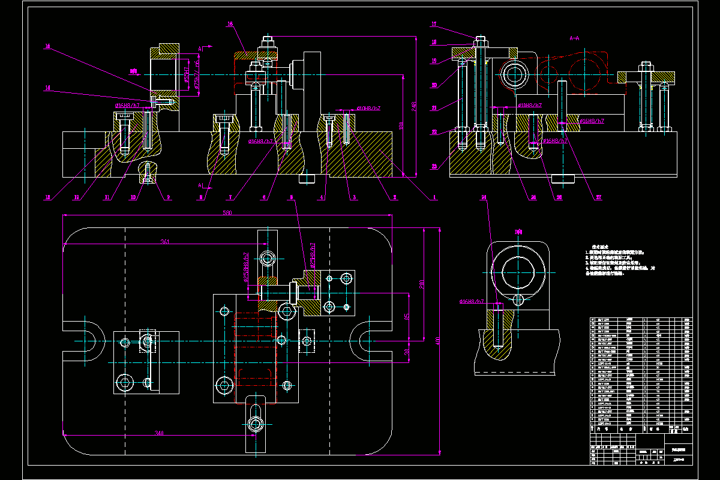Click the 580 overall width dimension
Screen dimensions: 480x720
click(x=227, y=213)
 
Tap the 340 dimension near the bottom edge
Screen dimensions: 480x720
click(x=159, y=433)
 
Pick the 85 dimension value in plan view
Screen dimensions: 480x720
click(x=406, y=317)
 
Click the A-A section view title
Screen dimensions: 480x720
click(x=574, y=38)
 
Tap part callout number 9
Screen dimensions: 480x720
click(x=169, y=197)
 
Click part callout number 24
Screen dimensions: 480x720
click(x=484, y=197)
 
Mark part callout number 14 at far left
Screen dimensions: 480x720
click(x=47, y=88)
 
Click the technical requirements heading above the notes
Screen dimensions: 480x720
click(x=601, y=247)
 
